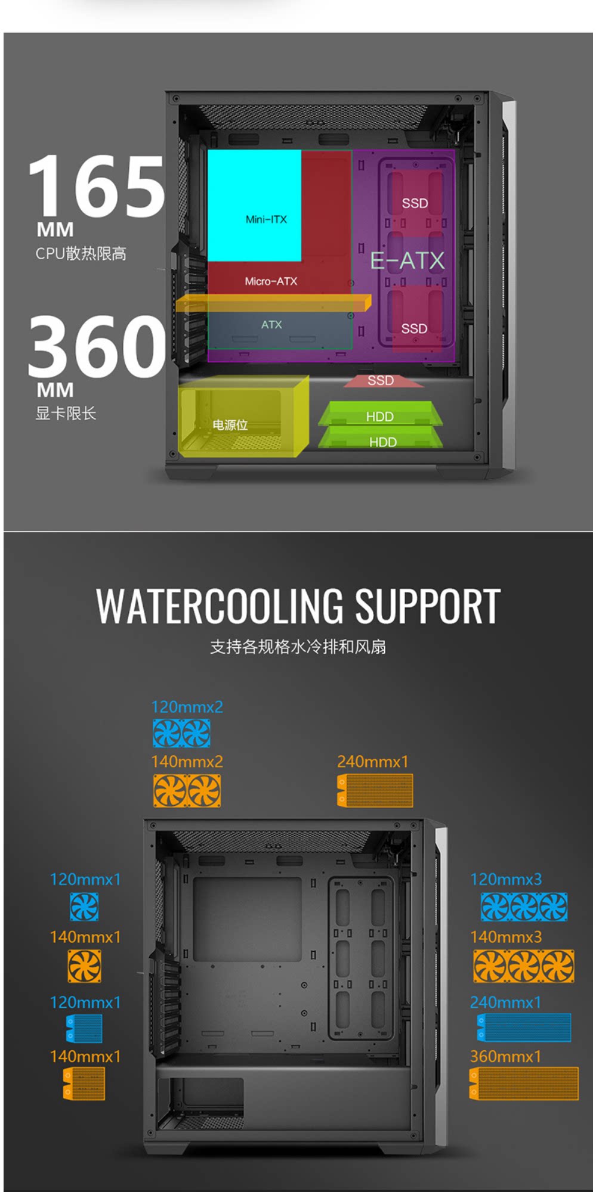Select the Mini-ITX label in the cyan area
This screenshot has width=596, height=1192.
[266, 219]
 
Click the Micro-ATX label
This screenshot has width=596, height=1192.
[271, 281]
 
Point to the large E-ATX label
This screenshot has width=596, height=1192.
[407, 260]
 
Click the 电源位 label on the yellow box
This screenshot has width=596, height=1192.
[230, 425]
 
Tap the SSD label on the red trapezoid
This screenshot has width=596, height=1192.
[381, 381]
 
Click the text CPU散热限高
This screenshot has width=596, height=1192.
[81, 254]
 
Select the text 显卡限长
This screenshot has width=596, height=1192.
[66, 414]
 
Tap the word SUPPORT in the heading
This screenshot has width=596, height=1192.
[428, 606]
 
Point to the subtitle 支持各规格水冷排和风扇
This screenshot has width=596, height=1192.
[298, 647]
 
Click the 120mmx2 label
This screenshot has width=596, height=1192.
[187, 707]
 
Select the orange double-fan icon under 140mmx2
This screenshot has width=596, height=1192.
[187, 791]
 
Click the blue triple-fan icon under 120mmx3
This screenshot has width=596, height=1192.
[524, 907]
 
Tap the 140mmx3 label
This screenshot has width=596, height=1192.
[506, 937]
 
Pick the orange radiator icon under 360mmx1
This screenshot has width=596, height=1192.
[524, 1083]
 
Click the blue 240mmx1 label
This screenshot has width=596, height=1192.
[505, 1002]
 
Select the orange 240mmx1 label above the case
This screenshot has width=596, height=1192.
[373, 762]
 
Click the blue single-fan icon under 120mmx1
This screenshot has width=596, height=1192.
[84, 907]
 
